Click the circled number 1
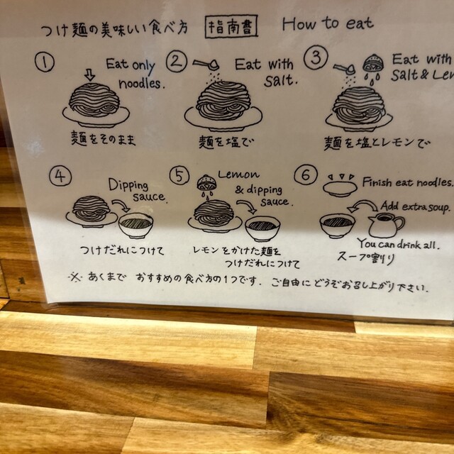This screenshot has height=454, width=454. (45, 62)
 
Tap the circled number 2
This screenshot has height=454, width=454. (177, 62)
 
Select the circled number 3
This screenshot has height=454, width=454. (316, 57)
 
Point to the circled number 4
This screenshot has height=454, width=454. (60, 176)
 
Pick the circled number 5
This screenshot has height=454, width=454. (179, 175)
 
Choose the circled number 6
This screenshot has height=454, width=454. (306, 175)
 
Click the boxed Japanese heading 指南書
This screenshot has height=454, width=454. (231, 27)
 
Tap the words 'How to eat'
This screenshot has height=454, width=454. (328, 23)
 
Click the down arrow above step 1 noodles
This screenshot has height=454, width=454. (90, 75)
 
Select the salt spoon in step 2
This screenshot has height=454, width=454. (206, 65)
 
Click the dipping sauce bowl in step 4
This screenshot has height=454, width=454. (135, 226)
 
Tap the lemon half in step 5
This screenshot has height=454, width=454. (205, 183)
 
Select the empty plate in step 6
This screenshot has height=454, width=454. (340, 189)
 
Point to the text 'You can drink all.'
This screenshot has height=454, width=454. (399, 244)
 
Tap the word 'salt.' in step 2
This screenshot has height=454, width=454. (280, 81)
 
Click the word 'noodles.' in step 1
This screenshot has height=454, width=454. (142, 84)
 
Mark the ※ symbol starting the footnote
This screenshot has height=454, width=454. (75, 277)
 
